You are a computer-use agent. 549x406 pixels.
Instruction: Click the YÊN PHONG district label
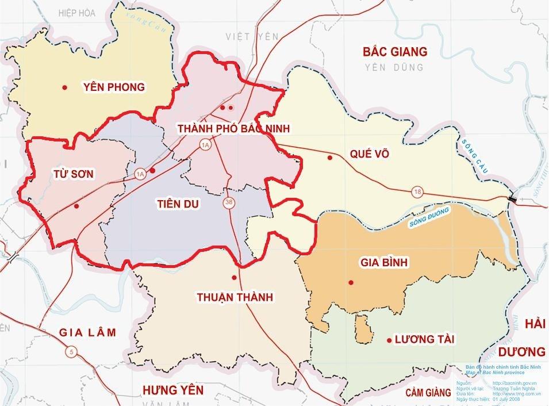tap(114, 87)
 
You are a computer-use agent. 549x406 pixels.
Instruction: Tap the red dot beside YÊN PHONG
tap(64, 87)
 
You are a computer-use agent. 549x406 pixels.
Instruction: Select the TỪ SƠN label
tap(73, 174)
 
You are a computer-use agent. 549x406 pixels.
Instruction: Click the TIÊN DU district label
tap(178, 204)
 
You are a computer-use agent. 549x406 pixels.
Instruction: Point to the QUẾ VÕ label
tap(369, 154)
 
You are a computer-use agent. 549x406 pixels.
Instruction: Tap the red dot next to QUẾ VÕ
tap(329, 158)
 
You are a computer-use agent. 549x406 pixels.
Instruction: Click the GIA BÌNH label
tap(383, 263)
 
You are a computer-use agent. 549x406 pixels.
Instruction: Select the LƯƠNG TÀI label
tap(424, 340)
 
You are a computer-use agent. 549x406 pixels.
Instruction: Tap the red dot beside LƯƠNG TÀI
tap(388, 340)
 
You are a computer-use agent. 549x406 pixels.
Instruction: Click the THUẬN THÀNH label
tap(235, 297)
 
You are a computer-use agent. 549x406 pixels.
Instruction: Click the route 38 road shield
tap(229, 203)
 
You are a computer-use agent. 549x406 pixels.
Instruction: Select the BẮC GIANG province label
tap(395, 52)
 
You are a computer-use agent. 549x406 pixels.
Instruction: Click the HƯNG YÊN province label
tap(173, 390)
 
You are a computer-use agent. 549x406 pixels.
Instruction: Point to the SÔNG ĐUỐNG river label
tap(428, 218)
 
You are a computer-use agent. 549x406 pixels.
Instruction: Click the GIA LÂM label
tap(88, 332)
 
